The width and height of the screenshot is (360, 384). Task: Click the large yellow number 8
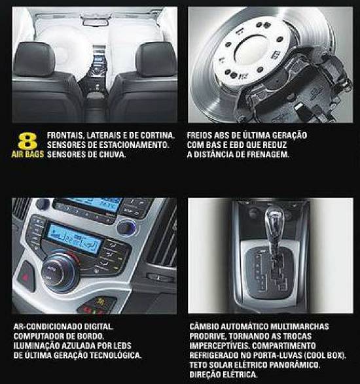(x=27, y=141)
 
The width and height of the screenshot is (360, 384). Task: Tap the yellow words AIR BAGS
(x=27, y=154)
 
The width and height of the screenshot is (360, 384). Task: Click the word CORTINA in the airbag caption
(x=158, y=135)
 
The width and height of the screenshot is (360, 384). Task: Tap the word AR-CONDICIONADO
(x=48, y=326)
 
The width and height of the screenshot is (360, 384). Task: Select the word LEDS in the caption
(x=122, y=345)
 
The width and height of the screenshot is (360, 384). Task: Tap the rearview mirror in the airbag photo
(x=96, y=22)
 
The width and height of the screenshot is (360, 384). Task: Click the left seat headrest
(x=34, y=59)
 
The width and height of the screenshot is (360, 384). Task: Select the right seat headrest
(x=156, y=60)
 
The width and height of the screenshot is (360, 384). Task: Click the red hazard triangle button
(x=26, y=277)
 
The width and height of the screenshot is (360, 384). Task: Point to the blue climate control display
(x=74, y=239)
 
